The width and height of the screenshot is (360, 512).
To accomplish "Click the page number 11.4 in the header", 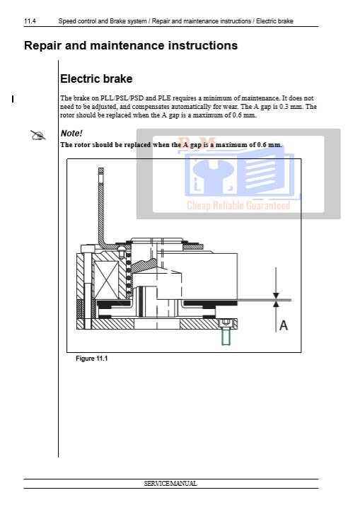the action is pyautogui.click(x=30, y=21).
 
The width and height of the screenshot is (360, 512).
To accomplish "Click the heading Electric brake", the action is pyautogui.click(x=96, y=78).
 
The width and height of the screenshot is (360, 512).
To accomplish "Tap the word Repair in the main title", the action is pyautogui.click(x=43, y=46).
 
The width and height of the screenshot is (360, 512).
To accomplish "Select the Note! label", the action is pyautogui.click(x=71, y=133).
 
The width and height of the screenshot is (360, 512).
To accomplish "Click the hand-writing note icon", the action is pyautogui.click(x=38, y=135).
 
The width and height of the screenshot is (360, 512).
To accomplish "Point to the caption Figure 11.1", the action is pyautogui.click(x=91, y=359).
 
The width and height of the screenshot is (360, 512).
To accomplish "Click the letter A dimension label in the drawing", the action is pyautogui.click(x=284, y=325).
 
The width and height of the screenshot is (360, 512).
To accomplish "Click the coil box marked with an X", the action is pyautogui.click(x=106, y=280).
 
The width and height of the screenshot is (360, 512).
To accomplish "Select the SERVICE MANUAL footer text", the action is pyautogui.click(x=170, y=483).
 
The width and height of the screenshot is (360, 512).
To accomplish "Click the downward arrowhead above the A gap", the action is pyautogui.click(x=276, y=296).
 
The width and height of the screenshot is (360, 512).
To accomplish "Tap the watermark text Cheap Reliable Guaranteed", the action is pyautogui.click(x=238, y=205).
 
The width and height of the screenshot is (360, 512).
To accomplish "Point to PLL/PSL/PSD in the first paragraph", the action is pyautogui.click(x=122, y=98).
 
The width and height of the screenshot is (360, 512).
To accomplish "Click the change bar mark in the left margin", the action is pyautogui.click(x=13, y=99).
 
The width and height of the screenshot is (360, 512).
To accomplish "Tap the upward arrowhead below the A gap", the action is pyautogui.click(x=276, y=303).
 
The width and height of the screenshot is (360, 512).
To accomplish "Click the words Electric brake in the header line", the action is pyautogui.click(x=274, y=21).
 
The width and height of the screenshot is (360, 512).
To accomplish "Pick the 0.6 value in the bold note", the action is pyautogui.click(x=262, y=145).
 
